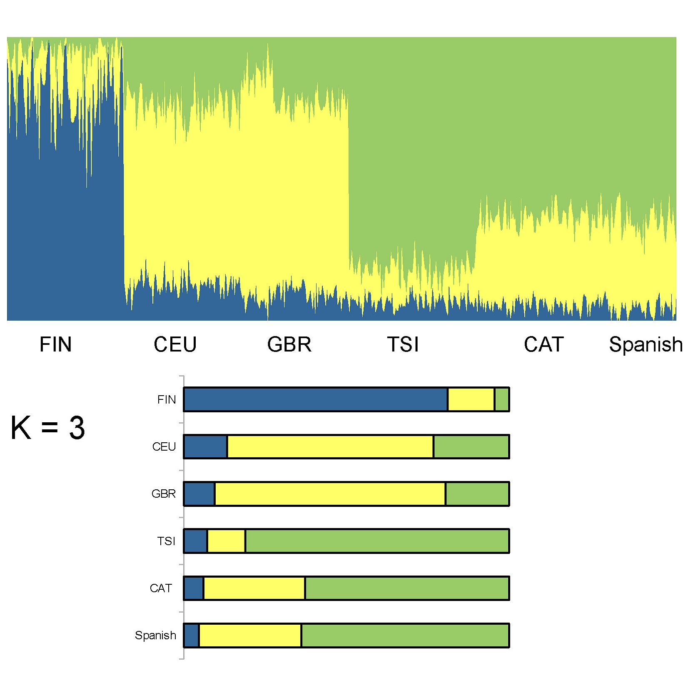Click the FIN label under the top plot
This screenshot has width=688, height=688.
click(x=55, y=344)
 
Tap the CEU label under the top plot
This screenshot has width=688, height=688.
click(x=175, y=344)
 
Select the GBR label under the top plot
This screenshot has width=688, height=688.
click(x=289, y=344)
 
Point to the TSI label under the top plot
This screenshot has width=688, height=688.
click(x=403, y=344)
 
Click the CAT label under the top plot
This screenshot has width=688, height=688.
click(x=543, y=344)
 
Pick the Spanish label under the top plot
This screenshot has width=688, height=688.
click(x=646, y=344)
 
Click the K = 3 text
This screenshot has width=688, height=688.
click(x=48, y=428)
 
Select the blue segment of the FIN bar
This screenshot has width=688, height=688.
click(x=315, y=399)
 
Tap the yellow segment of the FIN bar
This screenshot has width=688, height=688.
click(x=471, y=399)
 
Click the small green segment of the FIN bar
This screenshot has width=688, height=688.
click(x=502, y=399)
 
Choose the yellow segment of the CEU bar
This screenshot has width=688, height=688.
click(x=330, y=446)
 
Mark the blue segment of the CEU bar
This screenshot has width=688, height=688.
click(x=205, y=446)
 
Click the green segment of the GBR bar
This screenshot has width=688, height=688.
click(x=477, y=494)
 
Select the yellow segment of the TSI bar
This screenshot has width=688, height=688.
click(x=226, y=541)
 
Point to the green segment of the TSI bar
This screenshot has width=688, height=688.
click(x=377, y=541)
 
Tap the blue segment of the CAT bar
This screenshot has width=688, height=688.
click(x=194, y=588)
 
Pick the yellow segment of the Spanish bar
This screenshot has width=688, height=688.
click(x=250, y=636)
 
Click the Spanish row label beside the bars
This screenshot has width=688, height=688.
click(x=155, y=636)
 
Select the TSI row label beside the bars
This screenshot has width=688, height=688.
click(x=166, y=541)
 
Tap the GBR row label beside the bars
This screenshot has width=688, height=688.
click(x=163, y=494)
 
